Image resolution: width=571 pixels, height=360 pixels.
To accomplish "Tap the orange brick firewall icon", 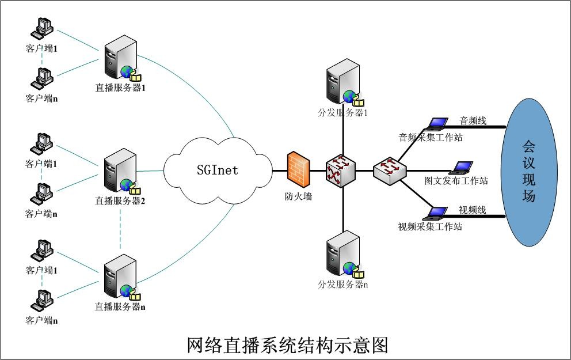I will click(x=298, y=170).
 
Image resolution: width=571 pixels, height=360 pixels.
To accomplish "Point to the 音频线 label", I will click(x=473, y=121).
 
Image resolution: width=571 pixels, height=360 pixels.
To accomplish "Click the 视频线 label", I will click(x=472, y=210).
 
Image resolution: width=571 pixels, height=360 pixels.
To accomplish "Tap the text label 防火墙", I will click(x=298, y=196).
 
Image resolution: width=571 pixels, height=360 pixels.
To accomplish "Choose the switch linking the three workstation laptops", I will click(x=390, y=170).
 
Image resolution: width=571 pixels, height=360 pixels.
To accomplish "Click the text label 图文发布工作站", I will click(x=456, y=181).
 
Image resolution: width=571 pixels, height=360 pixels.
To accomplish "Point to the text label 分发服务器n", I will click(x=342, y=285).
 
